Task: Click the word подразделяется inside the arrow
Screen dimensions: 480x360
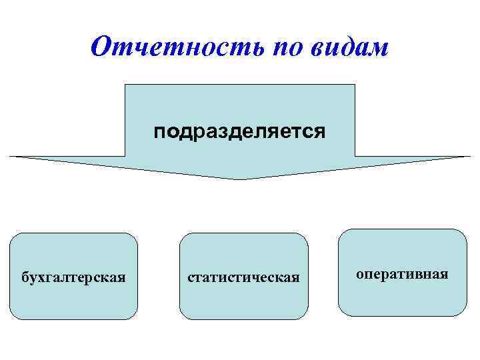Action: (240, 131)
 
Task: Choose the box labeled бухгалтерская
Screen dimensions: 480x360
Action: (73, 276)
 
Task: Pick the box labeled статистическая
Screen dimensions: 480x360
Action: (244, 276)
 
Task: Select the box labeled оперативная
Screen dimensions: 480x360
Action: (402, 273)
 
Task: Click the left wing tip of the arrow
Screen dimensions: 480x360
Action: (11, 157)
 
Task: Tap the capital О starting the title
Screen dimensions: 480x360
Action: (101, 47)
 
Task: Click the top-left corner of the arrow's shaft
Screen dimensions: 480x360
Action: (127, 85)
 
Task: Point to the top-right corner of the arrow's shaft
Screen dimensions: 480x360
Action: (355, 85)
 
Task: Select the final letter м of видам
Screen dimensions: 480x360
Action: (378, 49)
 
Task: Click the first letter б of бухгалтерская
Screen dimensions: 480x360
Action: (26, 276)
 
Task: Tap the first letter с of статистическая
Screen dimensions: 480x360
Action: (191, 277)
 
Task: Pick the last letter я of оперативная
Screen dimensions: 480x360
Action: (444, 274)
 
